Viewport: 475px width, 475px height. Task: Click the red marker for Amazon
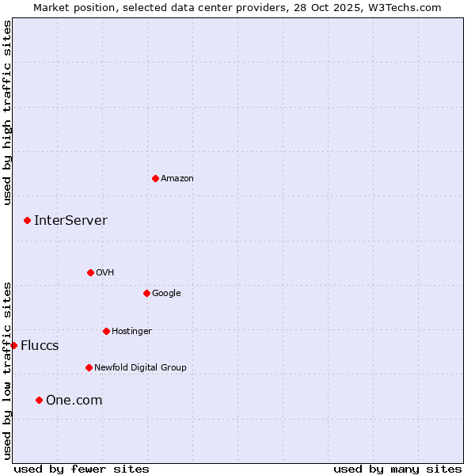point(155,178)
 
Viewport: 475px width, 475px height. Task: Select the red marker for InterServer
point(27,220)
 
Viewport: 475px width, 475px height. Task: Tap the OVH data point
point(90,272)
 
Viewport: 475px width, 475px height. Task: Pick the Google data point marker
point(146,293)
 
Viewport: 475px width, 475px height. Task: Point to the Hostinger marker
point(106,331)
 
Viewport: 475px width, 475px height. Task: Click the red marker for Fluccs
point(13,345)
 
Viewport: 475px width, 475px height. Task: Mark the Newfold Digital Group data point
point(89,367)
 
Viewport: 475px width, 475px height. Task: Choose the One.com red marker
point(39,400)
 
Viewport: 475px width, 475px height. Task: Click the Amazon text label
point(177,179)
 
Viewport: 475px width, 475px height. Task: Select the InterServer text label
point(70,221)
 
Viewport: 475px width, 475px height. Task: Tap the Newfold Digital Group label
point(140,367)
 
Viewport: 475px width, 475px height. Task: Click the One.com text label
point(74,401)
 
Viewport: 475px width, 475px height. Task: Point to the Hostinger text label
point(131,331)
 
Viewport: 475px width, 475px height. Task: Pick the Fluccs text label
point(40,346)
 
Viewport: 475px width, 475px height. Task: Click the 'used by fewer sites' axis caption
point(82,469)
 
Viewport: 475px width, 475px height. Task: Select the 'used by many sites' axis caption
point(397,469)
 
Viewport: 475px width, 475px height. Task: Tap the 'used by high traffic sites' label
point(7,112)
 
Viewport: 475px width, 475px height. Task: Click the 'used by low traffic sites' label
point(7,370)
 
